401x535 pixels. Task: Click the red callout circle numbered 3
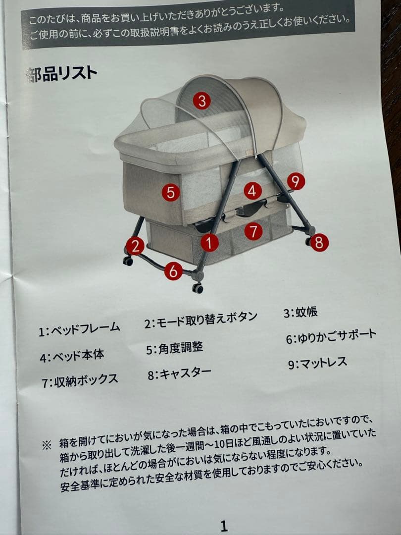[201, 101]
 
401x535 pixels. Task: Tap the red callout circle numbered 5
[170, 192]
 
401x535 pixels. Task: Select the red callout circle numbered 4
[252, 190]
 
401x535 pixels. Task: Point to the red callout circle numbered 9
[296, 181]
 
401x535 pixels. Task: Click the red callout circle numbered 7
[253, 231]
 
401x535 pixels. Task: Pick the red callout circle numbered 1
[209, 242]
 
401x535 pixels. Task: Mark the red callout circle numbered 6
[173, 271]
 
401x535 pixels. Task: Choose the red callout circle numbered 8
[318, 242]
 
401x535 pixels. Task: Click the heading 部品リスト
[62, 75]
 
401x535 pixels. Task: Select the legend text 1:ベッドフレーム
[79, 329]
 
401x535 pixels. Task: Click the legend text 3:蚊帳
[301, 313]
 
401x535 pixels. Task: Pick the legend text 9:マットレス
[317, 363]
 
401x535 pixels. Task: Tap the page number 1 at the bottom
[224, 525]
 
